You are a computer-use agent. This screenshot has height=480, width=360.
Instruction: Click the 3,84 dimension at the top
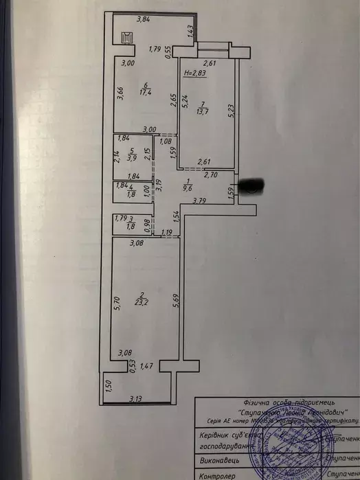click(x=144, y=20)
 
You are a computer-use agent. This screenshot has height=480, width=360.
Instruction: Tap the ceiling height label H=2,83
click(x=194, y=71)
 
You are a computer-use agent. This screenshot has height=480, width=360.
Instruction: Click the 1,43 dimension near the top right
click(x=189, y=32)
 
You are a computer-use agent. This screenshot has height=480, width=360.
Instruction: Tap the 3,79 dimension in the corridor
click(x=199, y=201)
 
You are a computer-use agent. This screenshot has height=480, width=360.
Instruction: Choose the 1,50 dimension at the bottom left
click(x=107, y=387)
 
